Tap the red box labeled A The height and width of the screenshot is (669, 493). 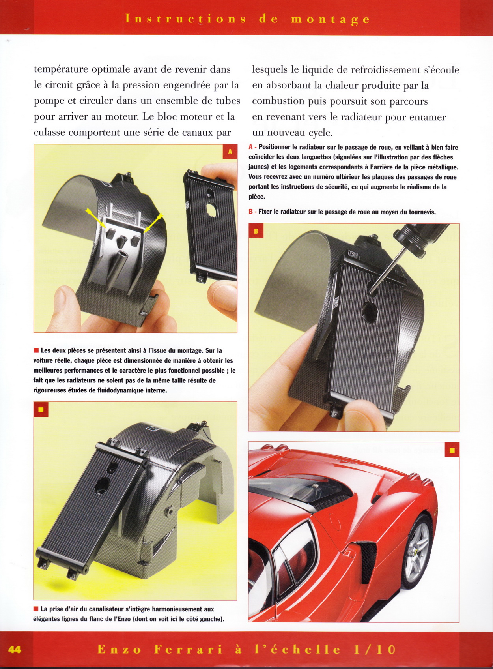coord(230,152)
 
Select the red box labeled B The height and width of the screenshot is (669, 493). coord(256,231)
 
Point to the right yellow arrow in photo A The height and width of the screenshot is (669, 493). coord(153,223)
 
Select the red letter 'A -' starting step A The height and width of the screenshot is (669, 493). coord(252,147)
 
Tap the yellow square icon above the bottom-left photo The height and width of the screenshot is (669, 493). coord(41,409)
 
